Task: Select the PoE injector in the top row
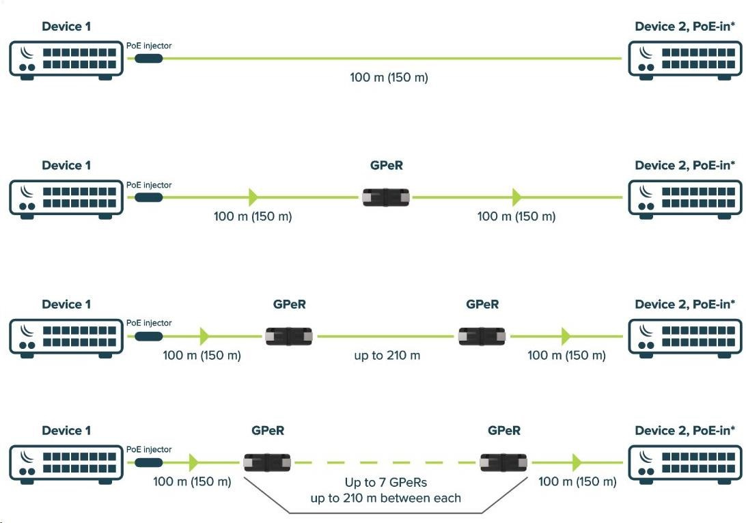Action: pyautogui.click(x=148, y=59)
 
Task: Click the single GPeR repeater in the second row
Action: pyautogui.click(x=386, y=197)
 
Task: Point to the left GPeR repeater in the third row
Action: pyautogui.click(x=289, y=336)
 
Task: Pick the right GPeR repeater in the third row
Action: pyautogui.click(x=482, y=336)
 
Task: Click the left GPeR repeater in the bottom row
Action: pyautogui.click(x=266, y=462)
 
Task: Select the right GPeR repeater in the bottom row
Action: pyautogui.click(x=503, y=462)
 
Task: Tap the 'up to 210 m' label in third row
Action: pyautogui.click(x=387, y=356)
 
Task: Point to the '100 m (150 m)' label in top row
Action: pyautogui.click(x=389, y=78)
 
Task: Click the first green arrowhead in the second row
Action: pyautogui.click(x=253, y=197)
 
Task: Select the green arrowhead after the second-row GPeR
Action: pyautogui.click(x=516, y=197)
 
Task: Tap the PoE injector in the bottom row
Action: pyautogui.click(x=148, y=462)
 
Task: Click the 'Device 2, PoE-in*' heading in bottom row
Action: pyautogui.click(x=685, y=431)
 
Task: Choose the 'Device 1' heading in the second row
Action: pyautogui.click(x=66, y=166)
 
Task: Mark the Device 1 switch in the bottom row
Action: pyautogui.click(x=66, y=462)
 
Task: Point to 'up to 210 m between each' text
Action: pyautogui.click(x=385, y=498)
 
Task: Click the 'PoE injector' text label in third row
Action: pyautogui.click(x=149, y=323)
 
